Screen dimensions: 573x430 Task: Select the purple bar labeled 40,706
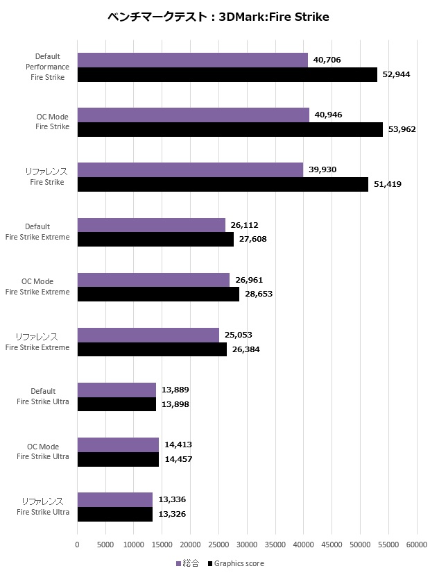click(192, 60)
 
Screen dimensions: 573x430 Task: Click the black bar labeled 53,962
click(230, 129)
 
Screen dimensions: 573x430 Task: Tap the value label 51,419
click(388, 184)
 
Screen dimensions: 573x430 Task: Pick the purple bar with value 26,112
click(151, 225)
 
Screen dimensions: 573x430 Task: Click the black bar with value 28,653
click(158, 294)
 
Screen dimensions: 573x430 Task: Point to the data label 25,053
click(239, 335)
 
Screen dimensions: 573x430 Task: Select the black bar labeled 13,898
click(117, 404)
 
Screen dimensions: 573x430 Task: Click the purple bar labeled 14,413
click(118, 445)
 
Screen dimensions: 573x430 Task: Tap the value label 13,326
click(172, 514)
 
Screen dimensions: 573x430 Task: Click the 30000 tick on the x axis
click(247, 545)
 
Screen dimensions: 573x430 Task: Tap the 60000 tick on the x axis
click(416, 545)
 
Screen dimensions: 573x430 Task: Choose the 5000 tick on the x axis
click(105, 545)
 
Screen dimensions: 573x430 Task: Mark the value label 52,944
click(397, 74)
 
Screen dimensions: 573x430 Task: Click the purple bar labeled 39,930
click(190, 170)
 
